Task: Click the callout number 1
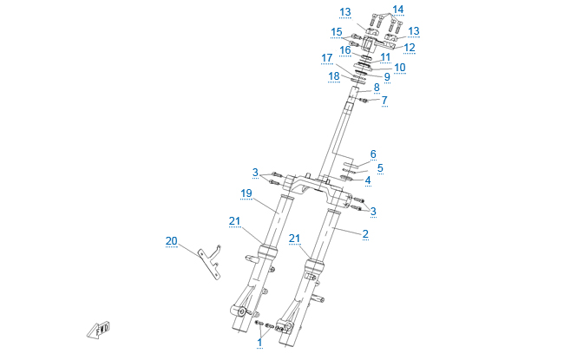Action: tap(258, 342)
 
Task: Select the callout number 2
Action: tap(365, 232)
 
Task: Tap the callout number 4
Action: tap(367, 180)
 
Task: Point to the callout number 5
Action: tap(379, 167)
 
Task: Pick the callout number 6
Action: tap(373, 154)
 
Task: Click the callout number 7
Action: tap(384, 101)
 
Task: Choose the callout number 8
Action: tap(377, 88)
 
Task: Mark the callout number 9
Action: tap(387, 76)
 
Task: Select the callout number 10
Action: tap(400, 67)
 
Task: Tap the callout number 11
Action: tap(385, 56)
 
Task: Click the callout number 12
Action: tap(410, 48)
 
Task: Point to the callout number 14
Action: tap(397, 10)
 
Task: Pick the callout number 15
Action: tap(337, 31)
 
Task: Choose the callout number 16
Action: tap(344, 49)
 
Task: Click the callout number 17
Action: tap(327, 58)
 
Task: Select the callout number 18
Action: tap(334, 75)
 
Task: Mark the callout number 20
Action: tap(171, 240)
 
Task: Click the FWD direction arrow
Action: tap(99, 328)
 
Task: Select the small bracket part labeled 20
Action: tap(209, 260)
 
